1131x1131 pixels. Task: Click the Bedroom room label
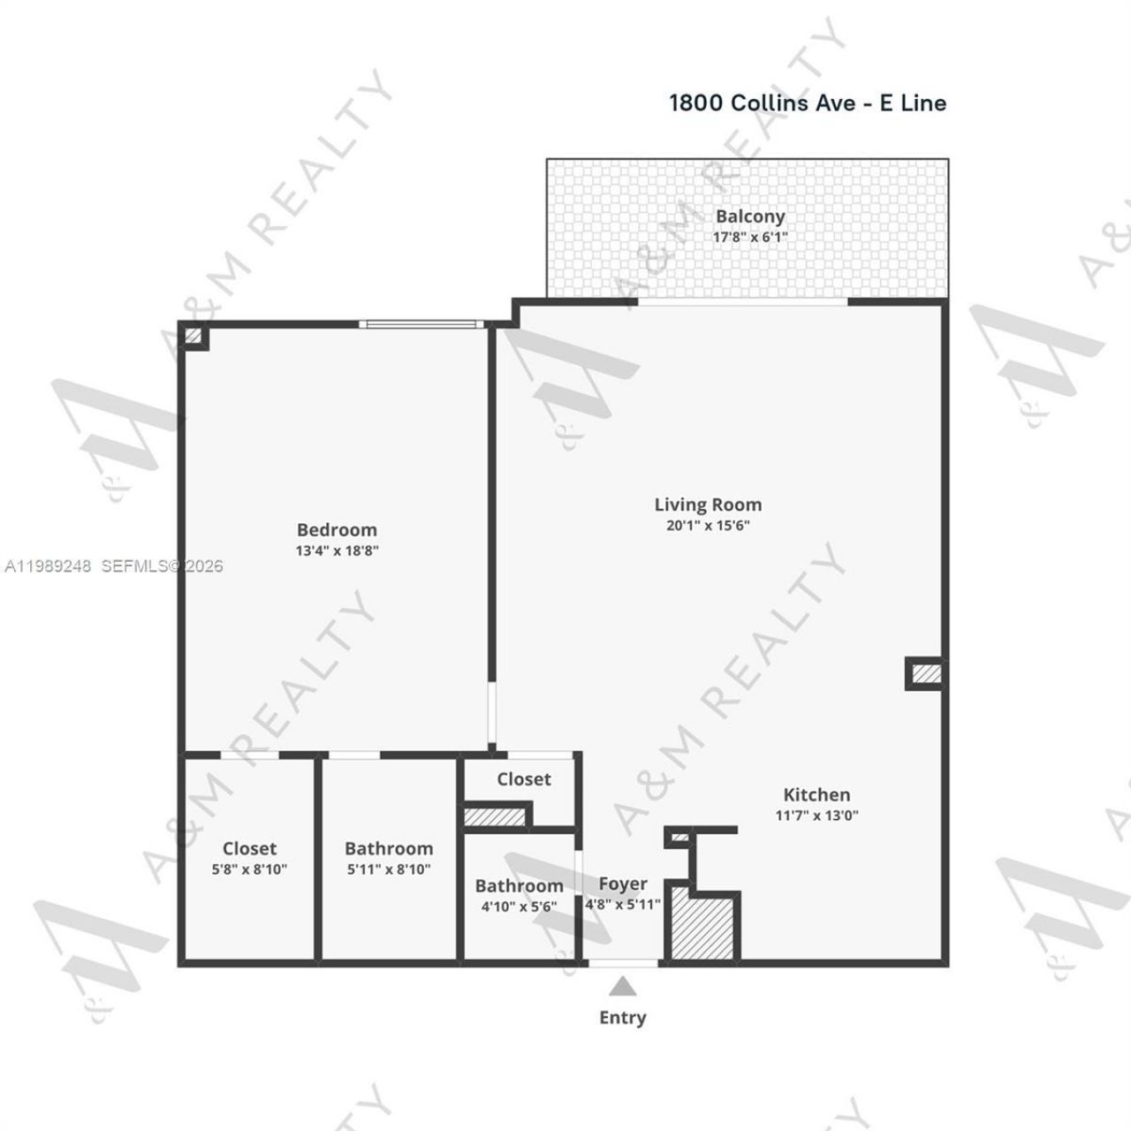[337, 530]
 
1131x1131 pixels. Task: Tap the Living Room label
[708, 505]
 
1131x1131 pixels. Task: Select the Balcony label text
[750, 216]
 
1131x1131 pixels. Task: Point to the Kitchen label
[816, 795]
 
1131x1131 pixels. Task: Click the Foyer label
[623, 884]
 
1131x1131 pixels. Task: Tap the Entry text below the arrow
[623, 1018]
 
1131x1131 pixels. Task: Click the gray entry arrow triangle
[623, 986]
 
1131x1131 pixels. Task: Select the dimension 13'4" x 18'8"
[338, 550]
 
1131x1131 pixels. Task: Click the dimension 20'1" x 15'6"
[708, 526]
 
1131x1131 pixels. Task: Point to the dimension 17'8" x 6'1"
[750, 237]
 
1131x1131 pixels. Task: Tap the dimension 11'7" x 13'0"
[816, 816]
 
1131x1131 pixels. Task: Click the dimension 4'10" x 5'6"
[519, 907]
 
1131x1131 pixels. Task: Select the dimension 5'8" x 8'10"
[249, 869]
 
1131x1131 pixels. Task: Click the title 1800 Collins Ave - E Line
[808, 103]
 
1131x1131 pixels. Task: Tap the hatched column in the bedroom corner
[194, 336]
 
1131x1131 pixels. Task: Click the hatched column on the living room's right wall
[926, 674]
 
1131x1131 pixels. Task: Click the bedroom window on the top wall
[422, 324]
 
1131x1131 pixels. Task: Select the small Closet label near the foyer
[523, 779]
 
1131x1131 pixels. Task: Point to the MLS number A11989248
[48, 566]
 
